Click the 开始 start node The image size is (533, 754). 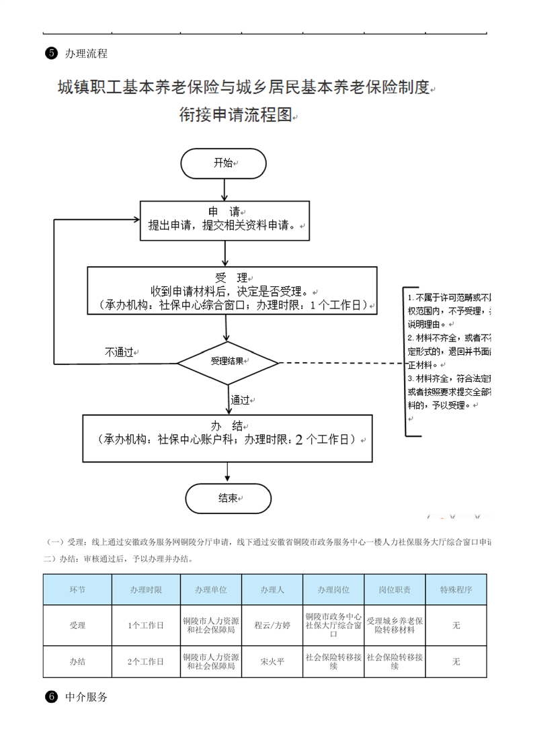[223, 163]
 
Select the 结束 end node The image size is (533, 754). [228, 499]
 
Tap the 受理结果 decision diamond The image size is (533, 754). [227, 362]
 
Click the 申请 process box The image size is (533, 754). [224, 219]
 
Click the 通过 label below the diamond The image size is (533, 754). [240, 400]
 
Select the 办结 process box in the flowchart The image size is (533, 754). [227, 437]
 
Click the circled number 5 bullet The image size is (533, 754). [50, 54]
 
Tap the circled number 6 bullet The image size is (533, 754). [50, 697]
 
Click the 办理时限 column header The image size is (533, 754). [146, 589]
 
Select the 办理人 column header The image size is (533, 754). [272, 589]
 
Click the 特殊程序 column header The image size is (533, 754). [456, 589]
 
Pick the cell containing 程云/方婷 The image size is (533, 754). [272, 625]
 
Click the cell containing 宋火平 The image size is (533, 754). [272, 661]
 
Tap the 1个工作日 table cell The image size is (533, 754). [146, 625]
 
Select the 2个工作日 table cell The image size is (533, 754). [146, 661]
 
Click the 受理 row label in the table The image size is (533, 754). [77, 625]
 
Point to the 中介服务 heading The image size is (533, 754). [87, 697]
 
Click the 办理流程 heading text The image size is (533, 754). [86, 54]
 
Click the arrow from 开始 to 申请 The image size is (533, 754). [224, 190]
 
